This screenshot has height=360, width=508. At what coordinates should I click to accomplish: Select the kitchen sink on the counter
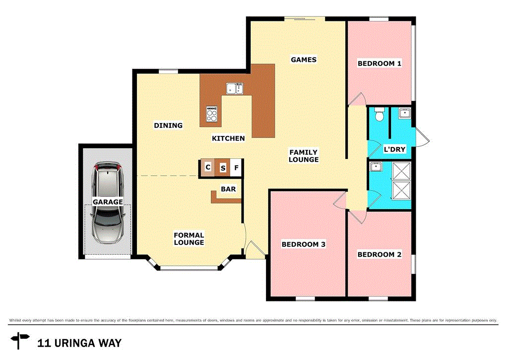tap(234, 89)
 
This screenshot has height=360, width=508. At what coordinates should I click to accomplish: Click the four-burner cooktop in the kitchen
tap(212, 115)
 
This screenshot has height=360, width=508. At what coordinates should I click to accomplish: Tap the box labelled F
tap(237, 168)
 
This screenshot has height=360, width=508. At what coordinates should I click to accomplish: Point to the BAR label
tap(228, 189)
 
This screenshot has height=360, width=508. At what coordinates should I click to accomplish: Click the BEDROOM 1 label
tap(379, 64)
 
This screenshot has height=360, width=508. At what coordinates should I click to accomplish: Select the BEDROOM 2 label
tap(380, 255)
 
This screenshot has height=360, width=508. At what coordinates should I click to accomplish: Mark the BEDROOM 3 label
tap(304, 244)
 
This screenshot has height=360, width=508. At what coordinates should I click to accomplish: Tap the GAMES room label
tap(304, 60)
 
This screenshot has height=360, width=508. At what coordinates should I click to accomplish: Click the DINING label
tap(168, 126)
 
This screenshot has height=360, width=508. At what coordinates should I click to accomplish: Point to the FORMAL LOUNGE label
tap(189, 239)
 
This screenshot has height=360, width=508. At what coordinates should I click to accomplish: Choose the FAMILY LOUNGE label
tap(304, 156)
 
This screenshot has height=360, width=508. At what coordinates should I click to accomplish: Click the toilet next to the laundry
tap(380, 115)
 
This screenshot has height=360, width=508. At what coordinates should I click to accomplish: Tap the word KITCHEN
tap(228, 139)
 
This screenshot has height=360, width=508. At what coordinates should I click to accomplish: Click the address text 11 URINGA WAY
tap(79, 343)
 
